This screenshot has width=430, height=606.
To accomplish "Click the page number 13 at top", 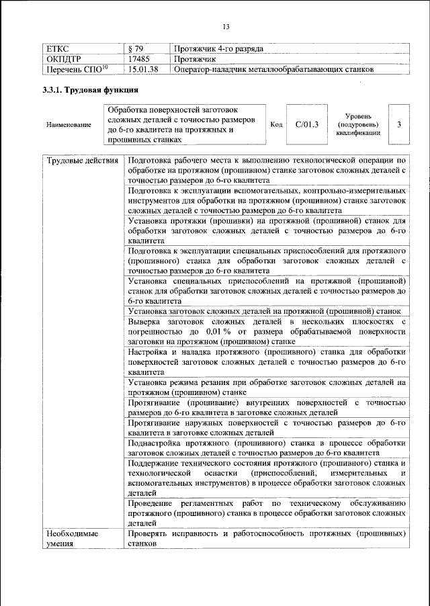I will coord(226,26).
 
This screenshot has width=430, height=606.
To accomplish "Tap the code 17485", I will coord(138,59).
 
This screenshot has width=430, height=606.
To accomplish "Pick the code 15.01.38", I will coord(142,69).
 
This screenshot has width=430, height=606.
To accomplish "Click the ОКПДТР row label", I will coord(64,59).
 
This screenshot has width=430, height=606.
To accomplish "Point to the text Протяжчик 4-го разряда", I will coord(218,49).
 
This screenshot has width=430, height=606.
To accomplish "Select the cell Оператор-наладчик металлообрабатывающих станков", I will coord(273,69).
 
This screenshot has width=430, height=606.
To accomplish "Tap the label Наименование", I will coord(69,126).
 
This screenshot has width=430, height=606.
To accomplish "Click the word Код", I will coord(276,124).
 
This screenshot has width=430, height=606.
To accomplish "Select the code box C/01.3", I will coord(306,124).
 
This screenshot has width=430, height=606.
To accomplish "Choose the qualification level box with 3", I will coord(399,124).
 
